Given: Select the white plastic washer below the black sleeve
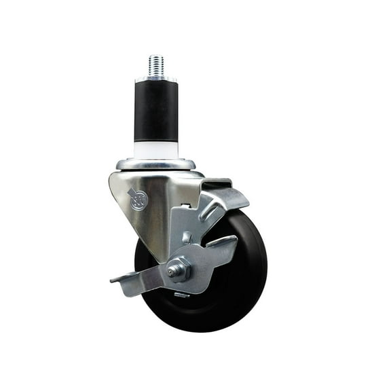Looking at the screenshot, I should (x=155, y=149).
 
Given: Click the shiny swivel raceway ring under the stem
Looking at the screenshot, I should (x=155, y=164).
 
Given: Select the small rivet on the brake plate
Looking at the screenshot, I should (x=187, y=238).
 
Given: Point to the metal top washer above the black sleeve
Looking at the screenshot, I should (x=155, y=80).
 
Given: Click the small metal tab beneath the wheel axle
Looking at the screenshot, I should (x=182, y=295).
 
